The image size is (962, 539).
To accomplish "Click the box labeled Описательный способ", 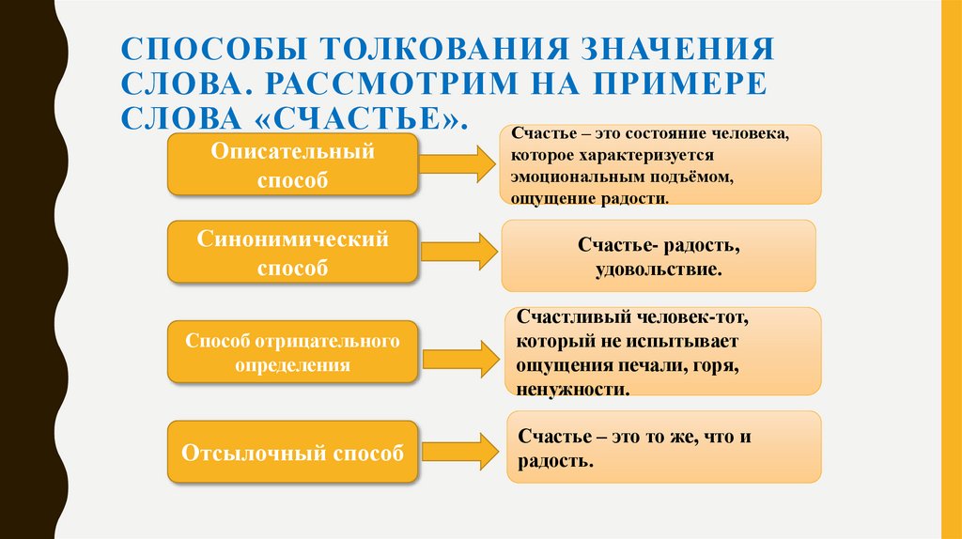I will [x=292, y=164].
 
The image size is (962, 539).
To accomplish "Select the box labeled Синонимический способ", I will [x=292, y=253].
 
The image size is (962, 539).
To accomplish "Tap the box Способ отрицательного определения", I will [x=292, y=352].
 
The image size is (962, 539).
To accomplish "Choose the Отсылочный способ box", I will [x=292, y=454].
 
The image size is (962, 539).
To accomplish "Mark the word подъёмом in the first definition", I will [x=694, y=177].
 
